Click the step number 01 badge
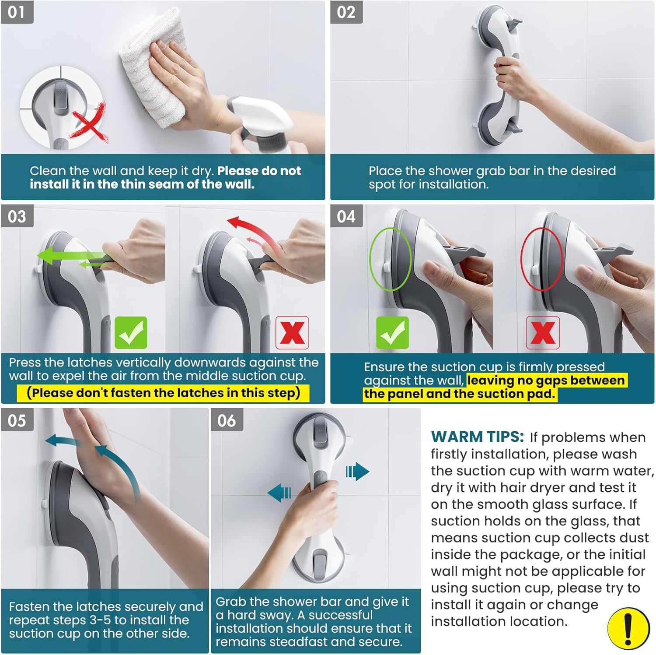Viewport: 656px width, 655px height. click(x=17, y=12)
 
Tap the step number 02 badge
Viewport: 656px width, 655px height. click(x=346, y=12)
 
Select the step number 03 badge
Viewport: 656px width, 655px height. click(x=17, y=216)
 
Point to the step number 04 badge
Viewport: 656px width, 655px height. click(x=346, y=216)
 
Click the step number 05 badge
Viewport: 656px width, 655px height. click(x=17, y=420)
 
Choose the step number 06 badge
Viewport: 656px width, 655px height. click(x=227, y=420)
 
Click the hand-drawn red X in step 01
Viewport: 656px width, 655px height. click(x=90, y=123)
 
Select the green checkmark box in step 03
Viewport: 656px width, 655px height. click(x=131, y=333)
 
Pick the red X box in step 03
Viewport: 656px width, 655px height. click(x=292, y=333)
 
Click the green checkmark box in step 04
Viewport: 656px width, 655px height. click(x=392, y=333)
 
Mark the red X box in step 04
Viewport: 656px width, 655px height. click(x=543, y=333)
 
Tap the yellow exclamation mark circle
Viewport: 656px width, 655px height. click(x=628, y=629)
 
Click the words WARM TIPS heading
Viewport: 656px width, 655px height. click(x=477, y=437)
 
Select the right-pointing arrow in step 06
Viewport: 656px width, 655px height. click(x=357, y=472)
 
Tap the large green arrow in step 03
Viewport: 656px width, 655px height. click(x=72, y=255)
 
